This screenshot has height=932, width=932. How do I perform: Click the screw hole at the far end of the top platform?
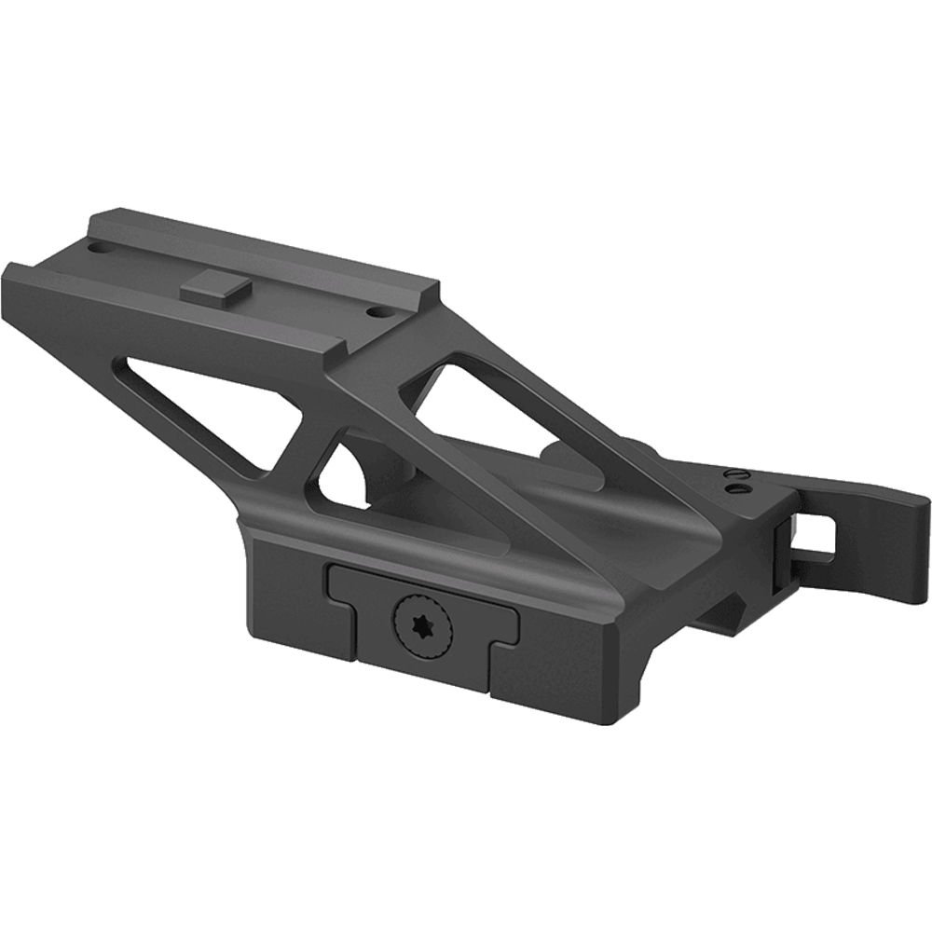[x=97, y=249]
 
